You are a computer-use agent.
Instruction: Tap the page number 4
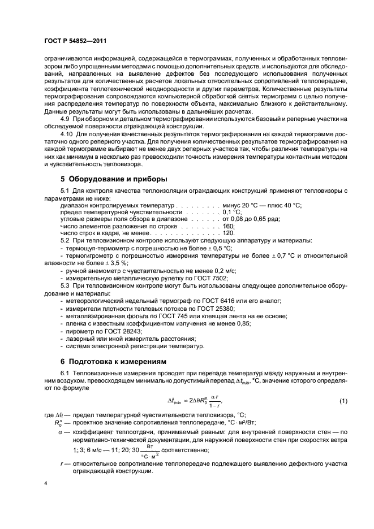click(46, 484)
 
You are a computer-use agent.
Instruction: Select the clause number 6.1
click(66, 374)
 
